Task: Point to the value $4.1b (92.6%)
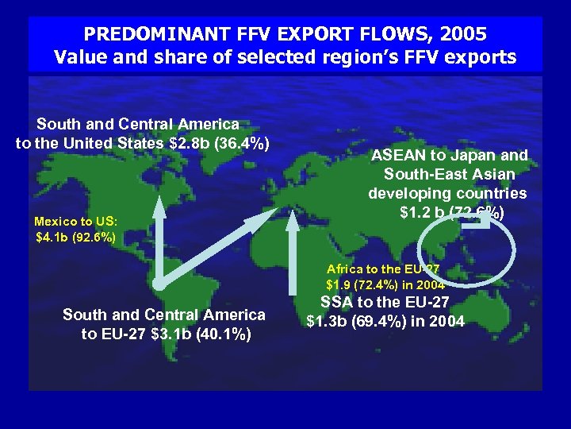(76, 237)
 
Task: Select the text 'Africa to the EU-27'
(383, 269)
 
